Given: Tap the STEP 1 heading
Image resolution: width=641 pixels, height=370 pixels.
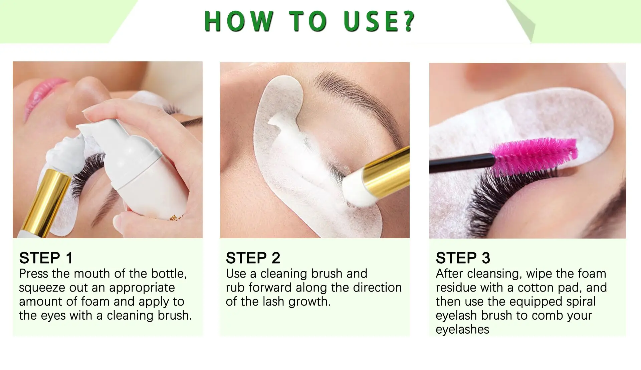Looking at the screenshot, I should click(46, 258).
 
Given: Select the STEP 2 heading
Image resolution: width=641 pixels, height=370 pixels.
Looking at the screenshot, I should click(253, 258).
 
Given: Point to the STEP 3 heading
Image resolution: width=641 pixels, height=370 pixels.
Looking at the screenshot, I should click(463, 258).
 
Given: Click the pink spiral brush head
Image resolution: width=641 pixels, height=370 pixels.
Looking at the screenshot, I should click(534, 155).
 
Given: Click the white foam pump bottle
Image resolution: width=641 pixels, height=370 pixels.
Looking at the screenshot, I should click(140, 173).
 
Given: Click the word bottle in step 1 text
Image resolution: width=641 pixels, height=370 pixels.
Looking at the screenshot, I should click(169, 274).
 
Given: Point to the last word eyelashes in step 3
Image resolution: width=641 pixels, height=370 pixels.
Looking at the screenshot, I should click(462, 330).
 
